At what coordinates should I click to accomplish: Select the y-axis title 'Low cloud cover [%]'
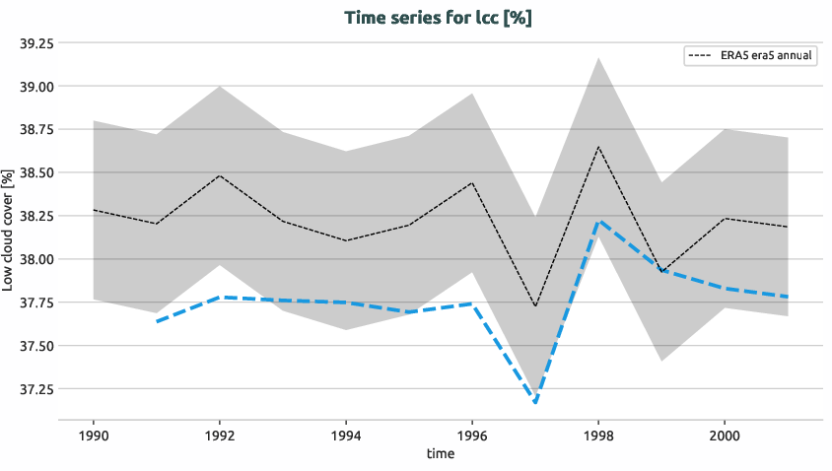coord(9,228)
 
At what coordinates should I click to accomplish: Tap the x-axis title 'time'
coord(441,453)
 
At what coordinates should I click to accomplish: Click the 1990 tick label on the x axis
coord(94,435)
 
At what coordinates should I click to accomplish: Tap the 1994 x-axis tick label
coord(346,435)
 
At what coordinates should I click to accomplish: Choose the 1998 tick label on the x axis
coord(598,435)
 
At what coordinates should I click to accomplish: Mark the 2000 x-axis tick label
coord(725,435)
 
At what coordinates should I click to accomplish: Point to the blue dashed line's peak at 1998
coord(598,221)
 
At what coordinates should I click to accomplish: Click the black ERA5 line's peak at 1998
coord(598,147)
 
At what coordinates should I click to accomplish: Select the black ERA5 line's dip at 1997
coord(535,306)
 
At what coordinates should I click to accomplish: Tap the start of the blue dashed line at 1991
coord(157,321)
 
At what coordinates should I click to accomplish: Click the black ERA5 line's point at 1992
coord(220,175)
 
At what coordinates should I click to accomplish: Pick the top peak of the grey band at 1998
coord(598,57)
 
